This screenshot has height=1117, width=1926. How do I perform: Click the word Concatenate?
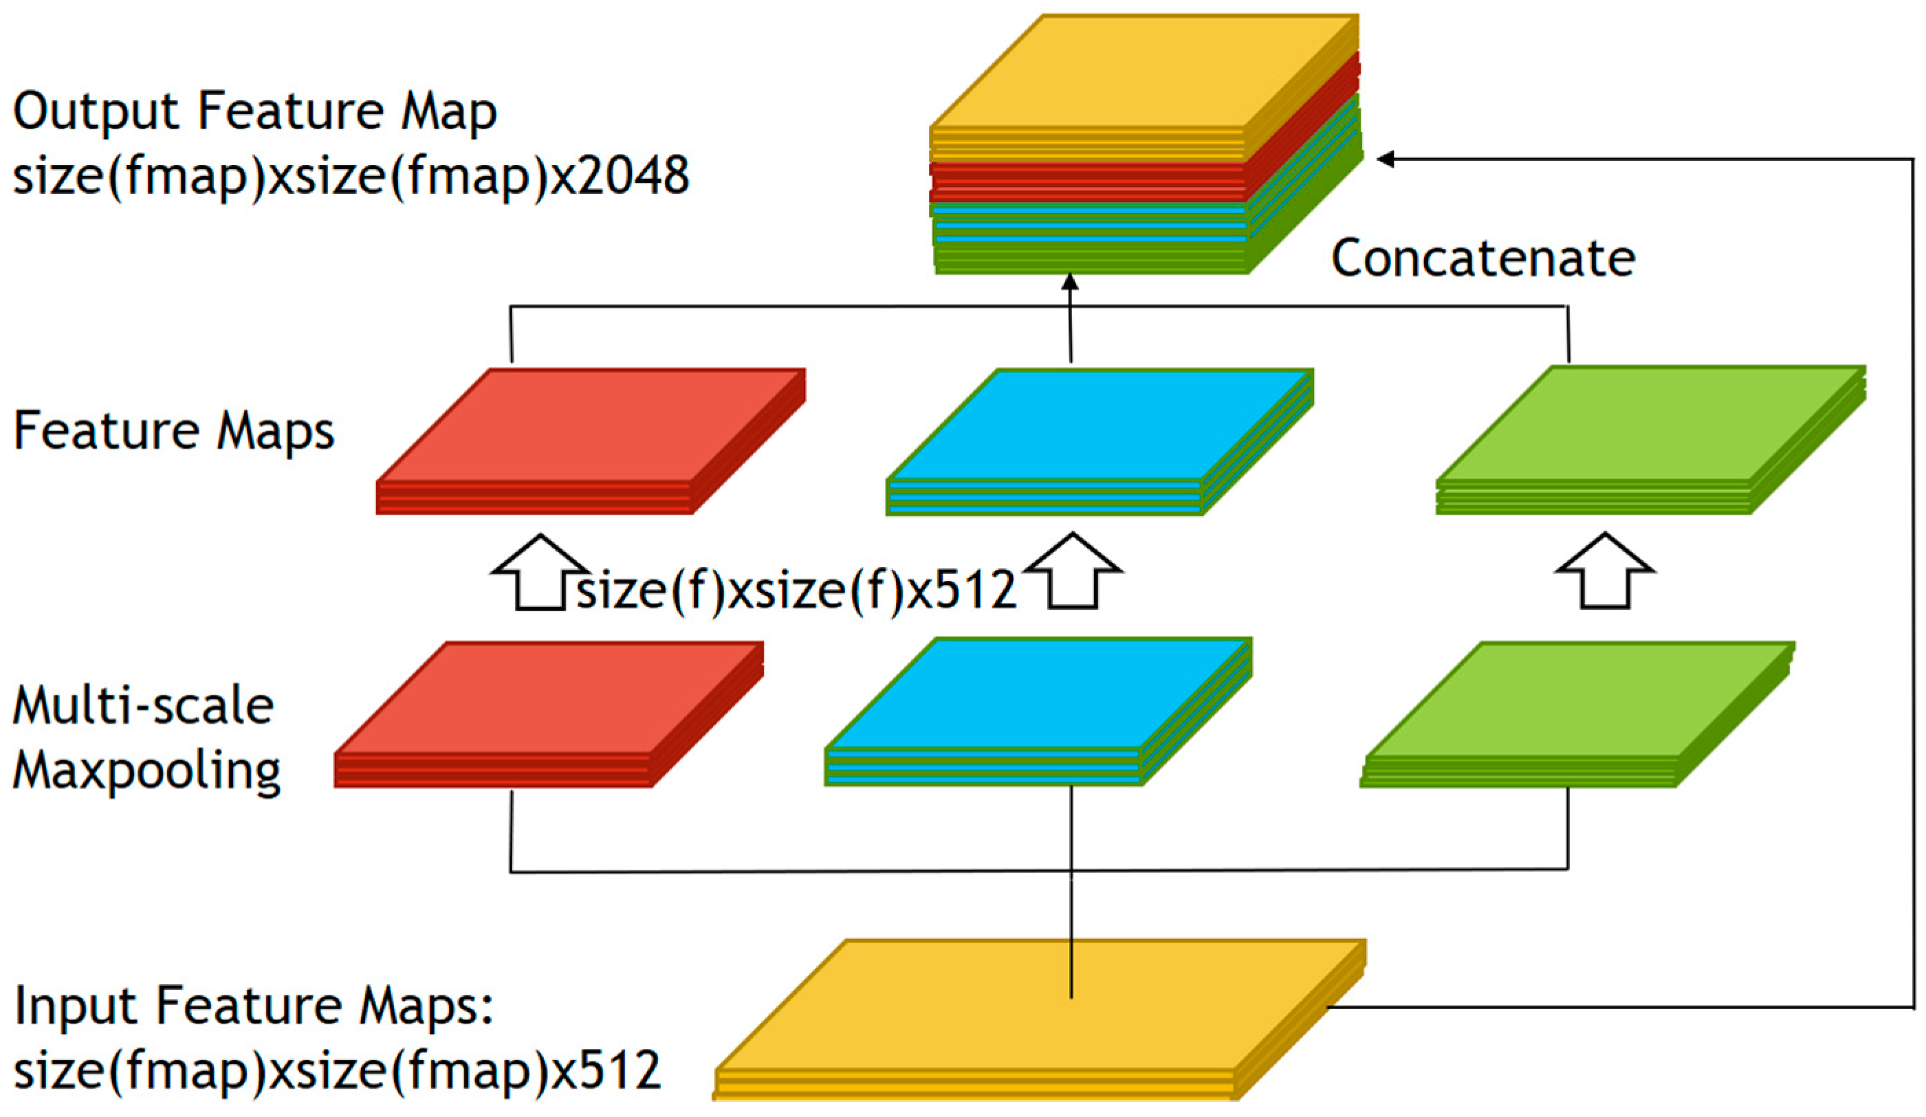(1482, 258)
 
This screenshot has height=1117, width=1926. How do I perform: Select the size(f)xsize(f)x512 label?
(795, 590)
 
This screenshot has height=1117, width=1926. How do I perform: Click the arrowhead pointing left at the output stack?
(1385, 159)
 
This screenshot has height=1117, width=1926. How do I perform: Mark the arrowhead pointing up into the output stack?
(1070, 283)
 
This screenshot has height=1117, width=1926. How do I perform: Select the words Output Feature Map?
(254, 111)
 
